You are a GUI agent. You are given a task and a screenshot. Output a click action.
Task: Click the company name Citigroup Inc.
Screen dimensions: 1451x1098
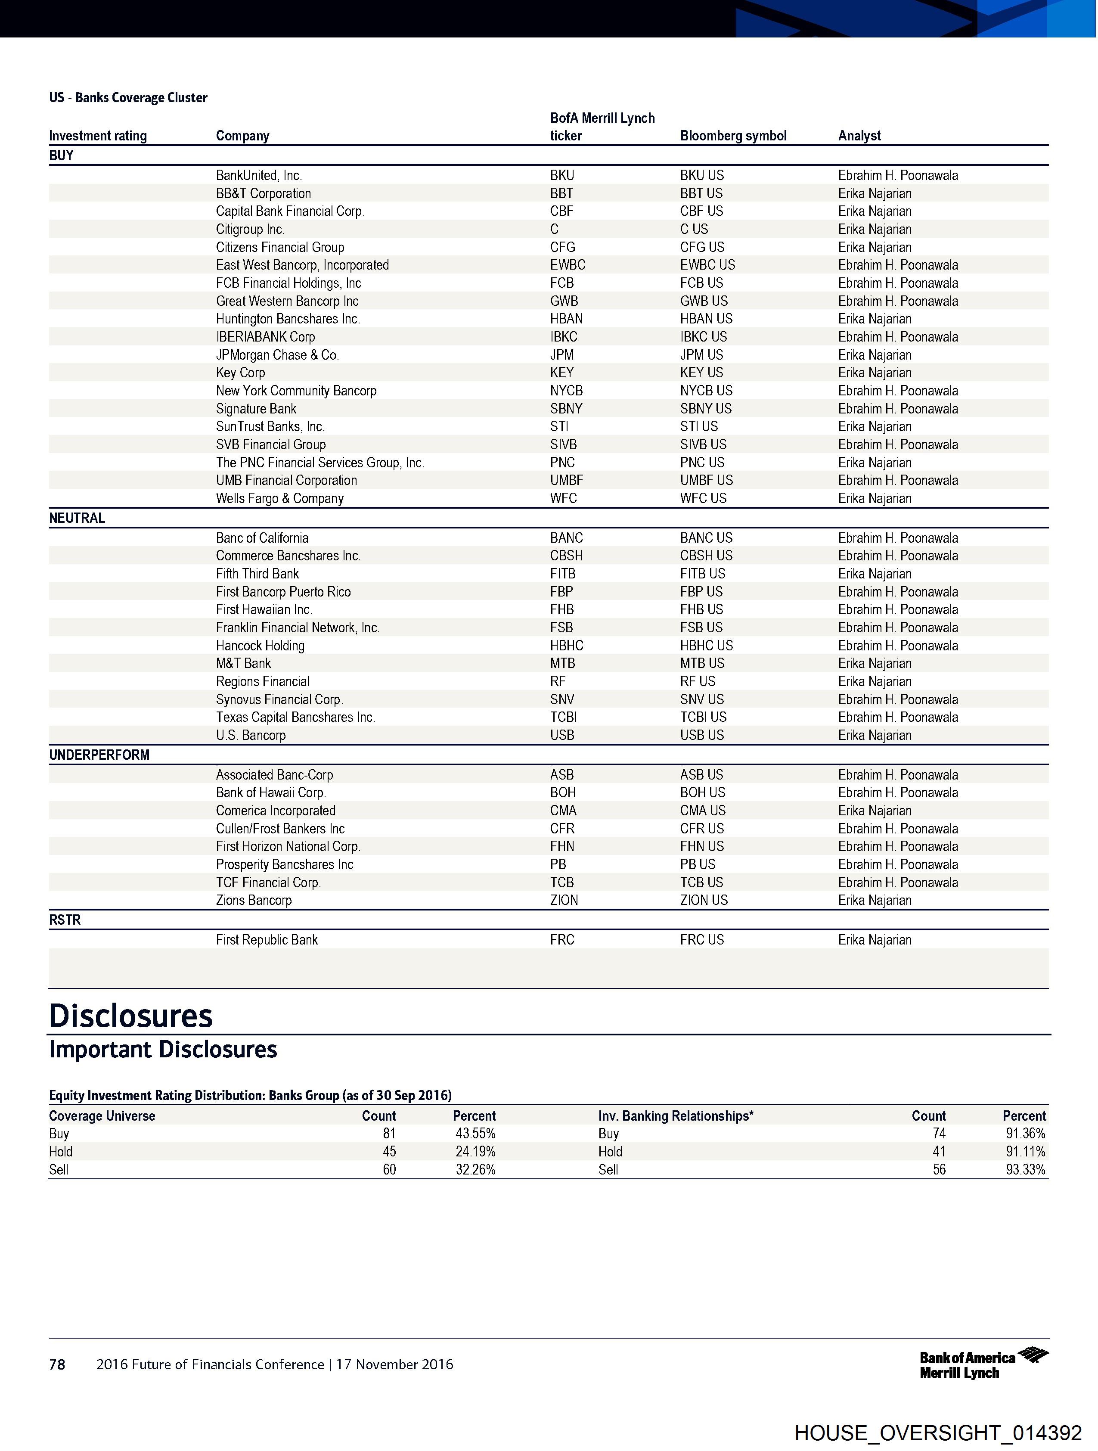point(250,229)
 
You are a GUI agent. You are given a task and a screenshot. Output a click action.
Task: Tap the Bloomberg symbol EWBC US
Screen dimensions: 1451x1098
point(707,265)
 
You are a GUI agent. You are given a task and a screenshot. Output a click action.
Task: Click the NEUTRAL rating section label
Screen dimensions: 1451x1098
point(77,518)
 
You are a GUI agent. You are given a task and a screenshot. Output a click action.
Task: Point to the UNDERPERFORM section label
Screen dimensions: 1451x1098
point(99,755)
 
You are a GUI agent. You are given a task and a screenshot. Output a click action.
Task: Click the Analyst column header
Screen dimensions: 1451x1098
point(859,136)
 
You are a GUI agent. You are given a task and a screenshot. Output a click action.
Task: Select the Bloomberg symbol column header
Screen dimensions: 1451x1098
point(733,136)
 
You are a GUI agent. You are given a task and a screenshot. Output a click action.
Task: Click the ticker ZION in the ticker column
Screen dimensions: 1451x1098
point(564,900)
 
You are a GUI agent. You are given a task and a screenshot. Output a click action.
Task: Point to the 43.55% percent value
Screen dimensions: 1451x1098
point(475,1134)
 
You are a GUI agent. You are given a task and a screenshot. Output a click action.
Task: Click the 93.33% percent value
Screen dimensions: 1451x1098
point(1025,1170)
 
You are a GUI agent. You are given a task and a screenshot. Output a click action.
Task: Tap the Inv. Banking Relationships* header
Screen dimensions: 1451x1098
point(676,1116)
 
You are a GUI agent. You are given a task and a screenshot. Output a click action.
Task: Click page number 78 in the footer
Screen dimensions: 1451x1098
point(57,1364)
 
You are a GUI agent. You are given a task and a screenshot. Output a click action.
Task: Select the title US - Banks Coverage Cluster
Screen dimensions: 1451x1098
point(128,98)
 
